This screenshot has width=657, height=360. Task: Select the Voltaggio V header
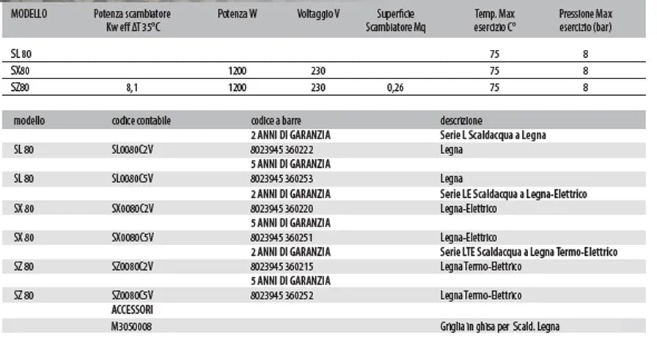[318, 14]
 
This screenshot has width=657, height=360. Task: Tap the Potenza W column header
[237, 14]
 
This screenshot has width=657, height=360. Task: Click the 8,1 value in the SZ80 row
[133, 87]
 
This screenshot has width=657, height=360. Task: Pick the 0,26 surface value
[400, 87]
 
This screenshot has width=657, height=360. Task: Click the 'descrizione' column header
[461, 120]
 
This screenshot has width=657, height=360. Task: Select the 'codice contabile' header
[141, 120]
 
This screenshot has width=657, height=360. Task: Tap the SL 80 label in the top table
[22, 54]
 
